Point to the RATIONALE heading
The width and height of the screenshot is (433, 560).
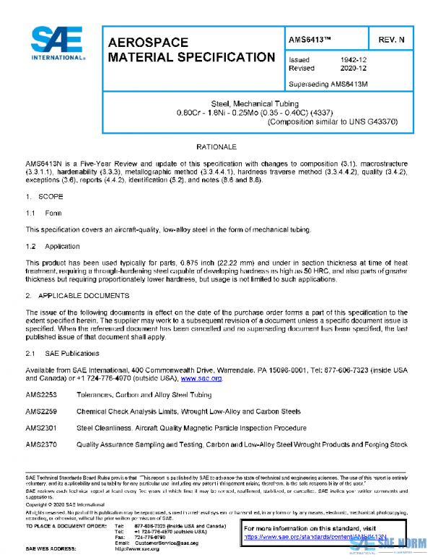point(216,146)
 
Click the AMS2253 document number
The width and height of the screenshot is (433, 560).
point(40,395)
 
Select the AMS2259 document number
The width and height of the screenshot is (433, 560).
point(40,411)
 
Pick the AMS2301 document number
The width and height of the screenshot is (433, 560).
point(40,428)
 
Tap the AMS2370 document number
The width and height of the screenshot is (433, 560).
point(40,445)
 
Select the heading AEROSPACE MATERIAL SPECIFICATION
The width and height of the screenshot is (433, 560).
point(191,50)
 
